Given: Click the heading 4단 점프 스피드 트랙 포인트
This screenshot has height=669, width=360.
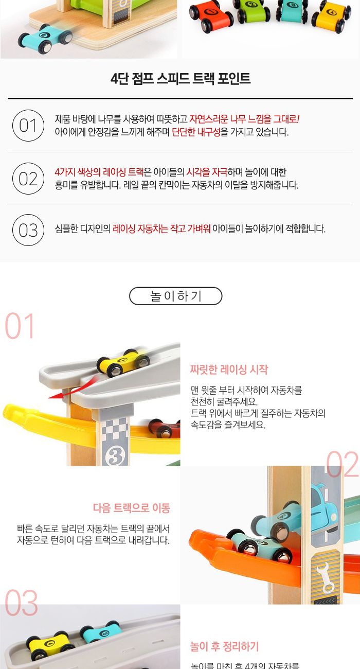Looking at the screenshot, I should click(x=181, y=79).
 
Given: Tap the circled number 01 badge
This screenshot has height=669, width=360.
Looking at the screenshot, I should click(x=28, y=126).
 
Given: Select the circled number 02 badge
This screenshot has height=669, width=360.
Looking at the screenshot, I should click(x=28, y=179).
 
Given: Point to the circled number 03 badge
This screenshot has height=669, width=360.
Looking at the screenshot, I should click(x=28, y=230).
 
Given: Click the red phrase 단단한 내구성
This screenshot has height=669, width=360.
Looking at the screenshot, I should click(x=196, y=132).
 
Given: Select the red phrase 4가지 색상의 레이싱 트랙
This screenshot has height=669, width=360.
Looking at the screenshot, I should click(x=99, y=172).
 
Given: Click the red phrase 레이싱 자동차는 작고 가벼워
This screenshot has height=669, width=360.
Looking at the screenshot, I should click(x=161, y=229).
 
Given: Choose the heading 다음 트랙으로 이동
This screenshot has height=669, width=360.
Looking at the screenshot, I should click(x=131, y=508).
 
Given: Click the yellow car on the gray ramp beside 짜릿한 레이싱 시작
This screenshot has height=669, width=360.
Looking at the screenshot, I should click(x=123, y=363).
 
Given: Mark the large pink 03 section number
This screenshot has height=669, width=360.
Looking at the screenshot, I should click(x=22, y=604).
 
